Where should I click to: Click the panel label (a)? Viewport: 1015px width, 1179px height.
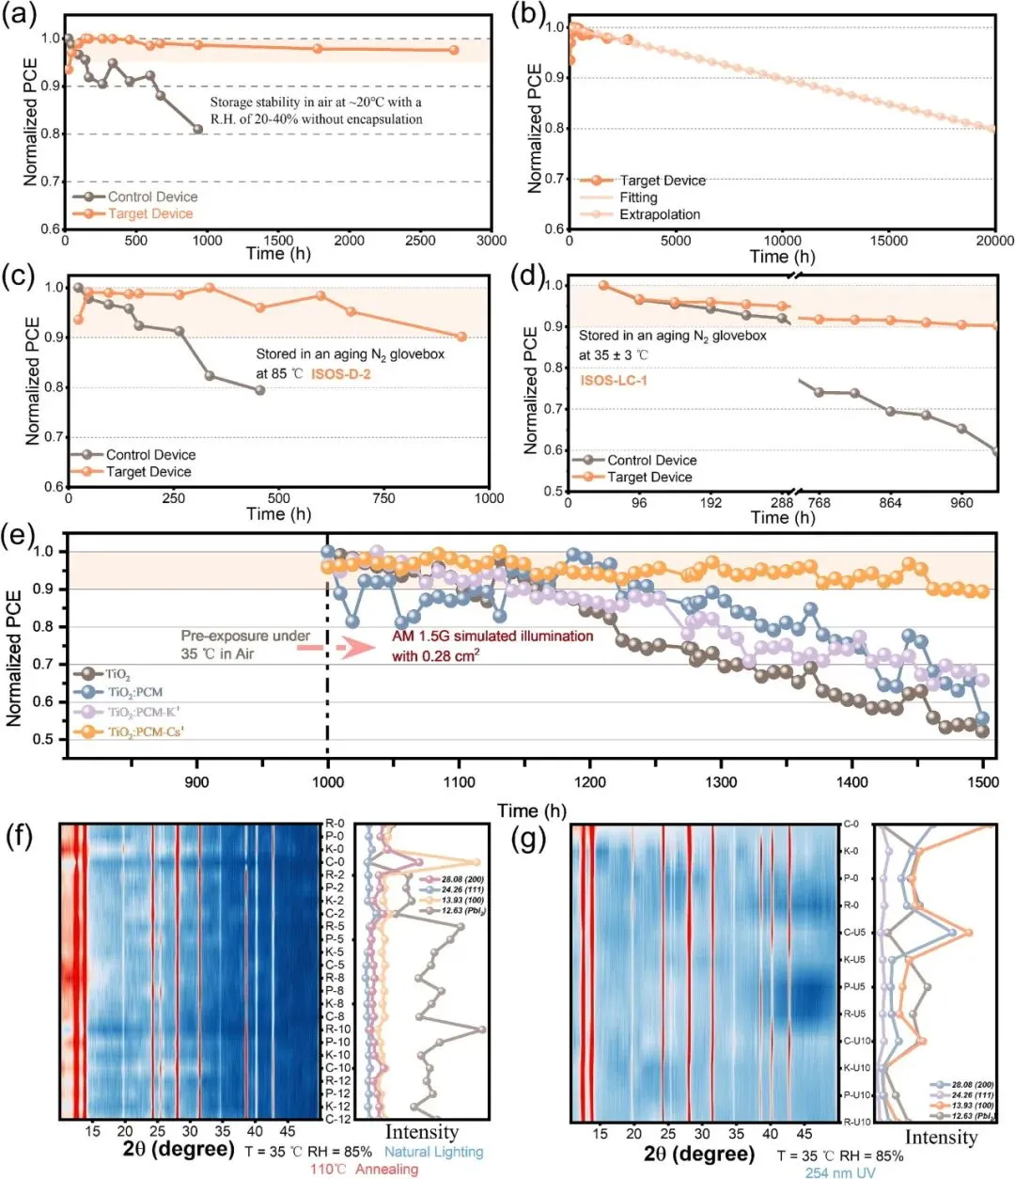click(20, 16)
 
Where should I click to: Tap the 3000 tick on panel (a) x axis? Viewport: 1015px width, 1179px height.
click(491, 241)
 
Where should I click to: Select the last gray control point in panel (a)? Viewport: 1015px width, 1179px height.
click(197, 130)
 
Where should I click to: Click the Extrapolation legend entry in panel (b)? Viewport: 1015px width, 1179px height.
click(659, 214)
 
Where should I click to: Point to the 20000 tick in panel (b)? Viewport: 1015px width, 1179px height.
click(994, 242)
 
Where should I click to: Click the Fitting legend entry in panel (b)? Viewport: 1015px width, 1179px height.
click(638, 197)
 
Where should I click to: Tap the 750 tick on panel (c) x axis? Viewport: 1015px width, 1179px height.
click(383, 498)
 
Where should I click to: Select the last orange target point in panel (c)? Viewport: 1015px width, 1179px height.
click(461, 337)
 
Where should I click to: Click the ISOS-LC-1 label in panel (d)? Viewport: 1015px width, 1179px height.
click(613, 380)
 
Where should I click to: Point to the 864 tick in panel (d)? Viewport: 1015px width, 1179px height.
click(890, 503)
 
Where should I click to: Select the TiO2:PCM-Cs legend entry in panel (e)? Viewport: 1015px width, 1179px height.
click(145, 731)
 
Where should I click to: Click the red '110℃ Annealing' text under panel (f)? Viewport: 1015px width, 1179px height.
click(364, 1169)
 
